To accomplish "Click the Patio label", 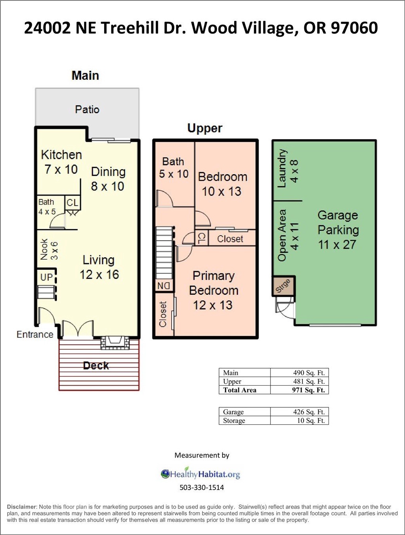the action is [87, 109].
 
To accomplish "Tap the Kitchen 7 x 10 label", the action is [61, 162].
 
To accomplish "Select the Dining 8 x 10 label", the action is [108, 179].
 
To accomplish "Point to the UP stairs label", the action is [46, 277].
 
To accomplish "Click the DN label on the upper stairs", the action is [163, 286].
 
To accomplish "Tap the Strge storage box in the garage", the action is [283, 286].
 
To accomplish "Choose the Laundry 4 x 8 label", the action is [288, 169].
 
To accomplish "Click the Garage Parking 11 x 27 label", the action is [338, 230].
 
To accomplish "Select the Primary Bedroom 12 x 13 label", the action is [214, 290].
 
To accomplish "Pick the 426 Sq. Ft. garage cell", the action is [309, 412].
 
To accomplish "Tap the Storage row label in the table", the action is [234, 420].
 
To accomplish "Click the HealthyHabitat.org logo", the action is [200, 474].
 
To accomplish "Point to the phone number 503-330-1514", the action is [202, 488].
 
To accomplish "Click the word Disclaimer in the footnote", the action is [22, 507].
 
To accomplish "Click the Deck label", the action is [96, 365].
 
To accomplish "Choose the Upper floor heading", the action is [205, 128].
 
